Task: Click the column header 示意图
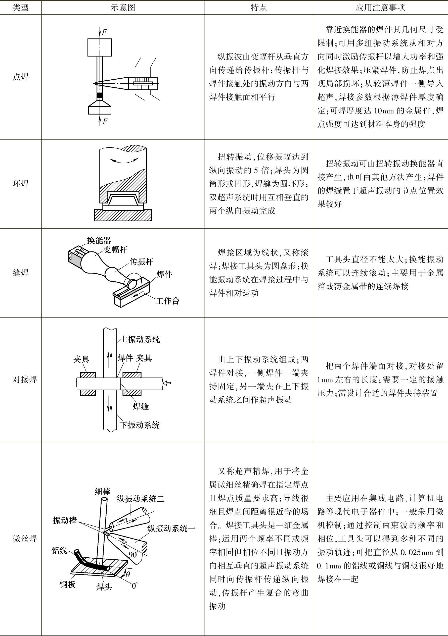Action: [123, 8]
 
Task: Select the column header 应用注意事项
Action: [380, 8]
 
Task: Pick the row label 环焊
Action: [21, 184]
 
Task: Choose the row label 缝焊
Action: [21, 273]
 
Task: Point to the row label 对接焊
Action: [25, 379]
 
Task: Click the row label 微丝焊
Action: [25, 539]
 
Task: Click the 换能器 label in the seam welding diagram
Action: [99, 240]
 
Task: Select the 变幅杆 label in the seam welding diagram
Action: [115, 250]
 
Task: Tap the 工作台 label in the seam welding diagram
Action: [167, 301]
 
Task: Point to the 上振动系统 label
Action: [140, 339]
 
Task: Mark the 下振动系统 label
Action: [140, 425]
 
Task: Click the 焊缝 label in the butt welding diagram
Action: [141, 406]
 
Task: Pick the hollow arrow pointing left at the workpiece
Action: [167, 383]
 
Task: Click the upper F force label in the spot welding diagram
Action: [104, 32]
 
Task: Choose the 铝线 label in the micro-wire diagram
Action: [59, 550]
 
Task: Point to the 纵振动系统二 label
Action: [140, 499]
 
